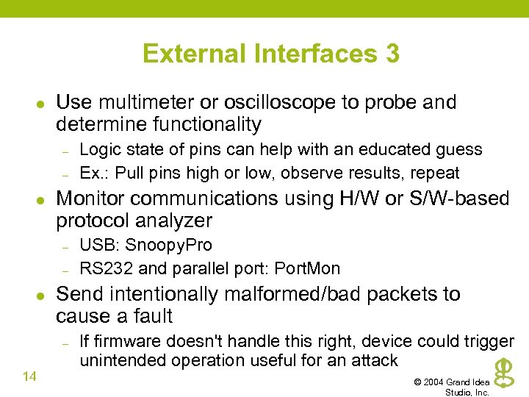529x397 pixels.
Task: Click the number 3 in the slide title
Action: coord(391,54)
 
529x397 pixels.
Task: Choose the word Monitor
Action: coord(90,198)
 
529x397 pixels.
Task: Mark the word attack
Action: coord(373,360)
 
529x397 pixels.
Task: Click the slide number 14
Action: coord(30,376)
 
